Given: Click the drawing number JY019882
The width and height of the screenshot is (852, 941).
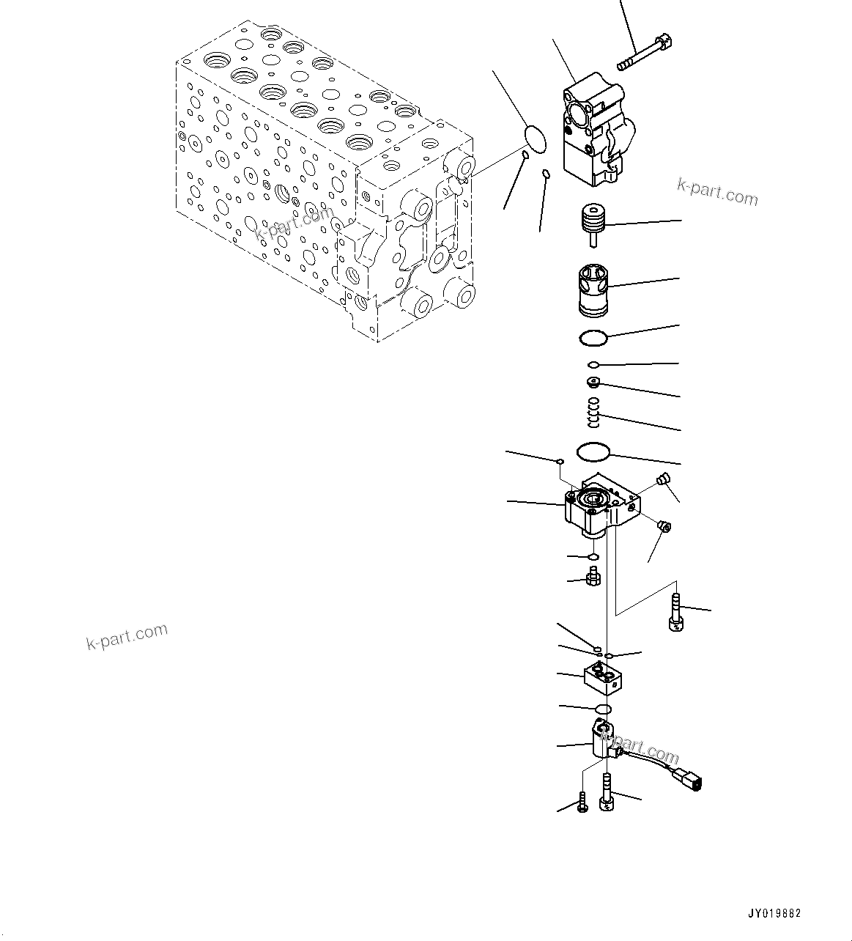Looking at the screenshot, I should coord(774,913).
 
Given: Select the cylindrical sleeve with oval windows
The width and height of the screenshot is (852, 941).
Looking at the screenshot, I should coord(593,290).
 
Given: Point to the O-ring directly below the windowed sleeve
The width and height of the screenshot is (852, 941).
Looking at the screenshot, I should coord(592,338).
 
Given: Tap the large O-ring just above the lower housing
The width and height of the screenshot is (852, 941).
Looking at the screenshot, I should coord(594,453).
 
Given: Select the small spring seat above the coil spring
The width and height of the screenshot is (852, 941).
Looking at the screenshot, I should coord(593,382).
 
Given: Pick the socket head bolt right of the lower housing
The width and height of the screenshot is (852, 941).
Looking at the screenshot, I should coord(675,613).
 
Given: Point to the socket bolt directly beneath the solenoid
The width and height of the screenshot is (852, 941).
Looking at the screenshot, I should coord(606,795).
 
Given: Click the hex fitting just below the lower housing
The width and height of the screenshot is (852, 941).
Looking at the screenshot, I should coord(593,577).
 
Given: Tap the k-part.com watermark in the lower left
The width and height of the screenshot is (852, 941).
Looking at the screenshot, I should coord(127,636).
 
